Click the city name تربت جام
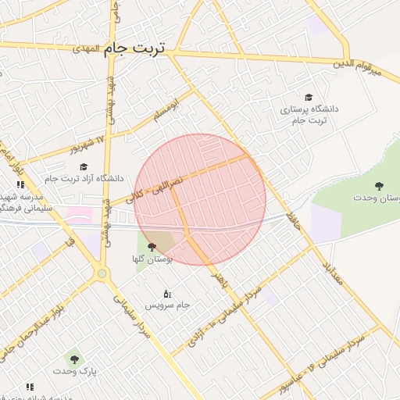click(x=135, y=48)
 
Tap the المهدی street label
click(x=89, y=48)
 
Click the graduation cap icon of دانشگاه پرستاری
click(x=309, y=97)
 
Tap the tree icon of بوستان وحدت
click(x=379, y=186)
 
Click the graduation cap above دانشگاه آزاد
click(x=84, y=166)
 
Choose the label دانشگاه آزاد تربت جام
click(x=84, y=179)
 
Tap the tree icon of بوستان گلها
click(x=152, y=246)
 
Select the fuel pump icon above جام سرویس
click(x=166, y=294)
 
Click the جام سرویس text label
click(x=170, y=305)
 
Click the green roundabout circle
click(x=102, y=273)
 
